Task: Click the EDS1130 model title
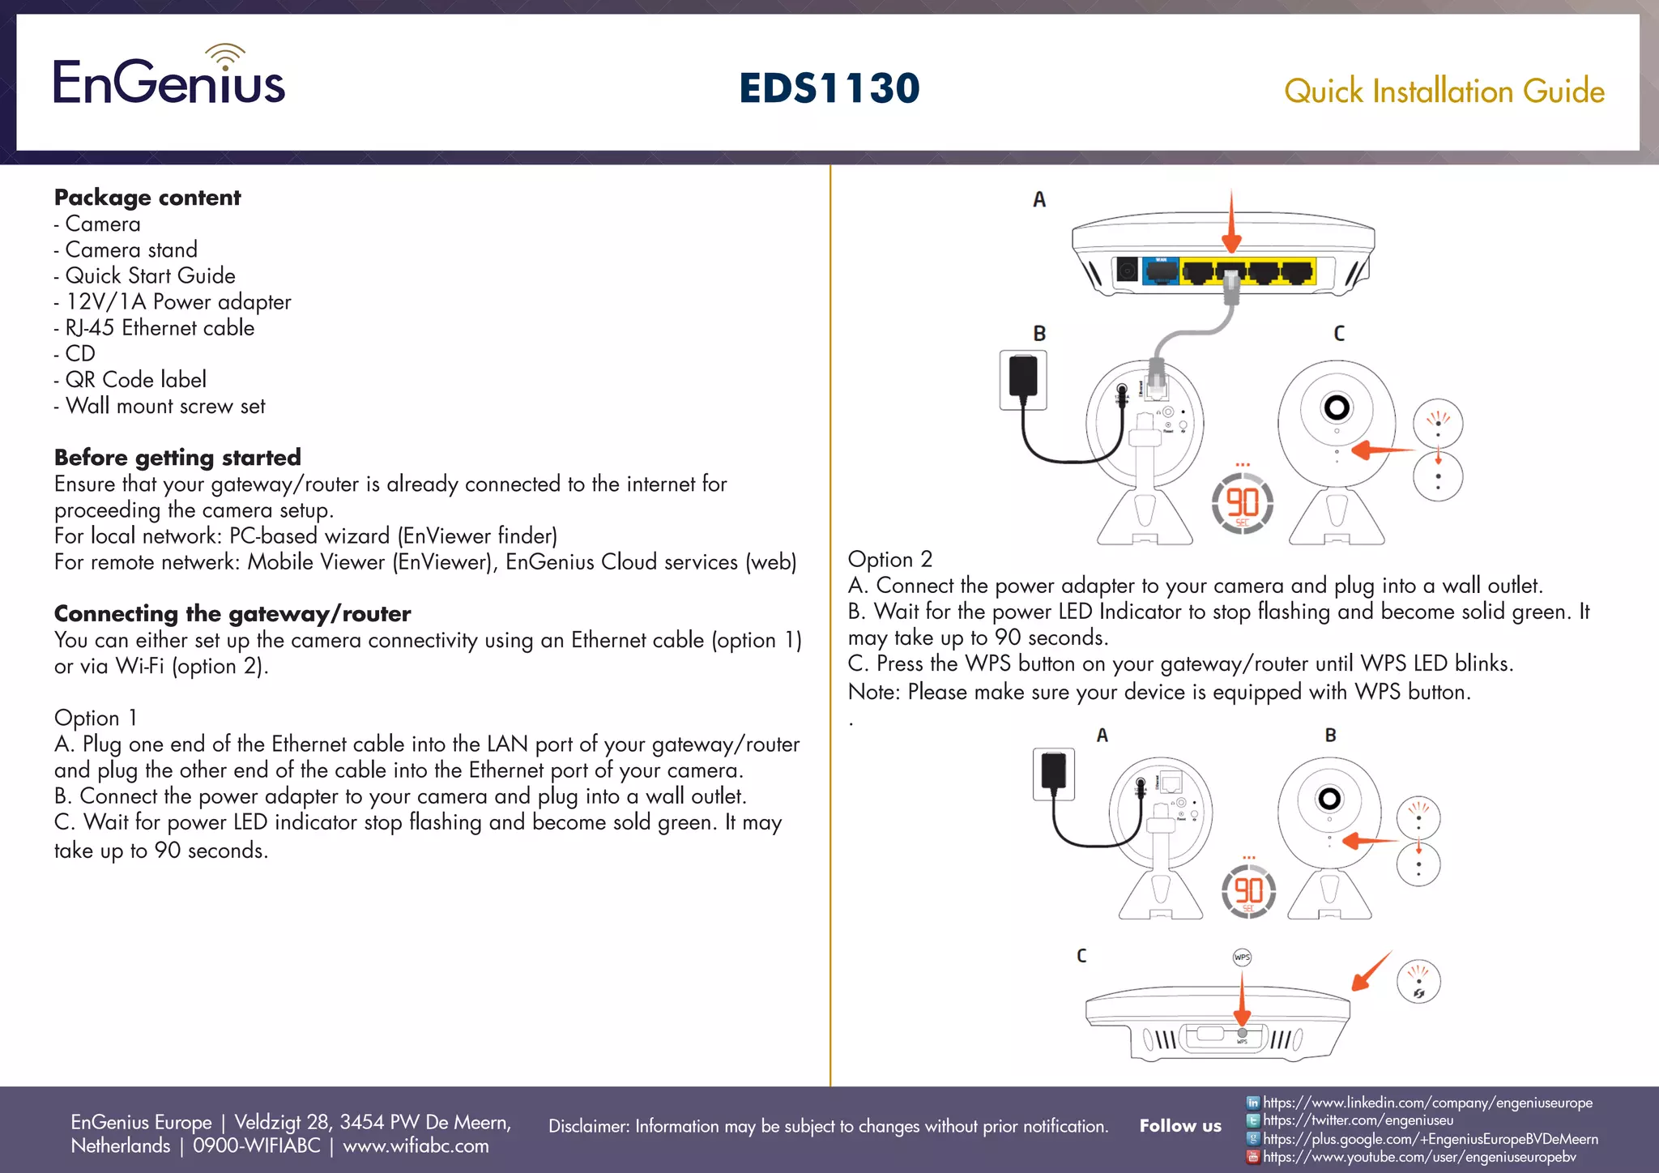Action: [829, 88]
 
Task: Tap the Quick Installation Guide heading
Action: [1444, 92]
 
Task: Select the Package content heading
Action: [147, 198]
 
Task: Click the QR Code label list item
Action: [135, 380]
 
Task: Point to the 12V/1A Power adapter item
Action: [177, 302]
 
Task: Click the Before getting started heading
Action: [177, 458]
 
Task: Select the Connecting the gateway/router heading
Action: [232, 614]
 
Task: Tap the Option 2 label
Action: [889, 560]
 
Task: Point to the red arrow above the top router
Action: [1231, 223]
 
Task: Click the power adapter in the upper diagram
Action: [1023, 378]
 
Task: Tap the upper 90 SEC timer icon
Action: [1242, 503]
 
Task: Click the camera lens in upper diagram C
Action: [1337, 407]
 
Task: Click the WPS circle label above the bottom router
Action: [1242, 958]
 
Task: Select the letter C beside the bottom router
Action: [1081, 956]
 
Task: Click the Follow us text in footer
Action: [1179, 1126]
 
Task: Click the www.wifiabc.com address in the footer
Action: [416, 1146]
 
